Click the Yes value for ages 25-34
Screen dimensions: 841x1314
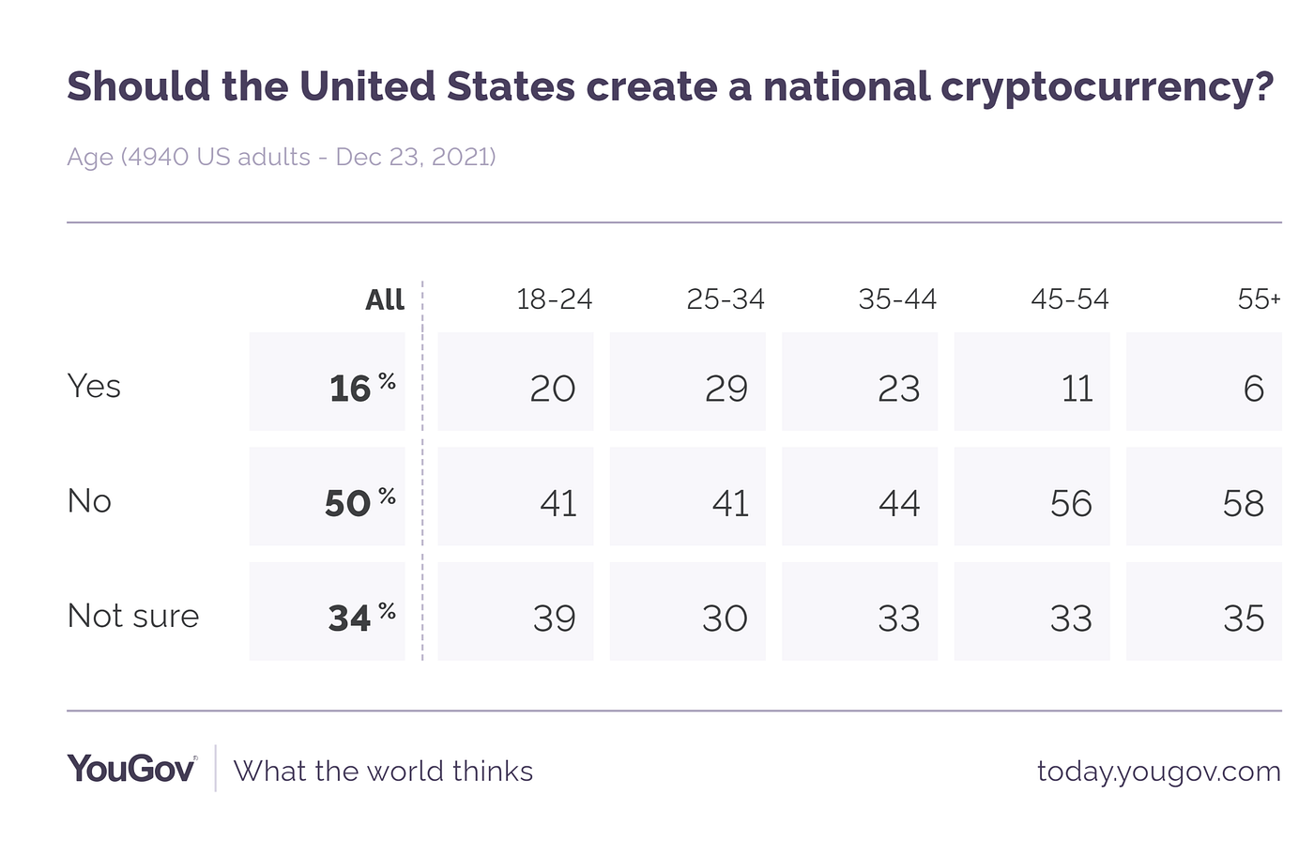click(726, 388)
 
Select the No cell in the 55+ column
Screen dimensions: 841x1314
click(1243, 503)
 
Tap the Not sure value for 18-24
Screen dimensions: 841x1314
click(554, 618)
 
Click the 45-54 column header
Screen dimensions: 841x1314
click(1070, 299)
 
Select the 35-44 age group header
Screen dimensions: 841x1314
click(897, 299)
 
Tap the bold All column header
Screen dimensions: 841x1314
click(385, 299)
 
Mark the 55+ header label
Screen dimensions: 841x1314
click(1259, 299)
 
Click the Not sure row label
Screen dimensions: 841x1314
click(133, 616)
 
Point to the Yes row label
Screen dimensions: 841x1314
click(94, 386)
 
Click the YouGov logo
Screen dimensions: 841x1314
click(131, 769)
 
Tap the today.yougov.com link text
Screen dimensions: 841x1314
click(1158, 772)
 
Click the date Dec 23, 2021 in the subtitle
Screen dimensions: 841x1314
click(415, 156)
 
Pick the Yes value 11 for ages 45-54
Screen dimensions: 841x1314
click(1077, 388)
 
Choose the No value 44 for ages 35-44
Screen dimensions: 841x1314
click(898, 503)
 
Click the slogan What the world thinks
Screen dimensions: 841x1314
click(383, 772)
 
